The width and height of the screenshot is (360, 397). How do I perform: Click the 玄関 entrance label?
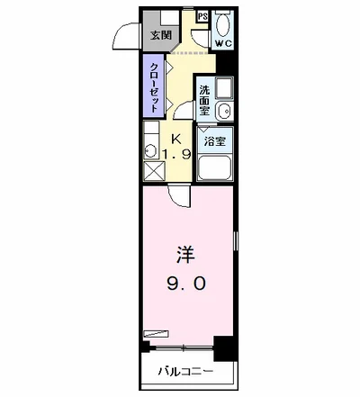click(161, 35)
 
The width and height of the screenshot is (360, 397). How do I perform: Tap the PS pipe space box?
click(202, 16)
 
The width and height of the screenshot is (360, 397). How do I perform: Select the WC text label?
click(224, 43)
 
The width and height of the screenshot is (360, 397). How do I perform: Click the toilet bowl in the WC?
click(223, 25)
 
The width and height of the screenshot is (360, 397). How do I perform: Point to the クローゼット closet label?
click(154, 87)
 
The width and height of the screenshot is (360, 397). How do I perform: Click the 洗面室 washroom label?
click(205, 101)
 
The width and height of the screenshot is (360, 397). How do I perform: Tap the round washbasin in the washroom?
click(224, 112)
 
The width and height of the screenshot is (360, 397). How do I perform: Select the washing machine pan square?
click(224, 87)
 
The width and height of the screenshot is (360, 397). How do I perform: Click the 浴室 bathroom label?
click(215, 141)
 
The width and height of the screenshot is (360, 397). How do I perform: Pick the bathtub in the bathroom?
click(214, 167)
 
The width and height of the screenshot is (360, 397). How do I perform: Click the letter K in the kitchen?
click(176, 140)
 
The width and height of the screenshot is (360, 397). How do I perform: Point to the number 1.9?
click(176, 155)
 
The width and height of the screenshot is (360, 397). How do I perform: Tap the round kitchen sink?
click(150, 150)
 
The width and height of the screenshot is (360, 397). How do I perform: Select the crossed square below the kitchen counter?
click(154, 171)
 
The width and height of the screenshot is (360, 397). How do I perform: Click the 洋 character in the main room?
click(185, 256)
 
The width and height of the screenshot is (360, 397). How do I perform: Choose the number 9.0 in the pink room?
click(186, 284)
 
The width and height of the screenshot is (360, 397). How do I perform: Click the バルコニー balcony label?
click(185, 372)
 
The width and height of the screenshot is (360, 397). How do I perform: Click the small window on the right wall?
click(236, 240)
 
